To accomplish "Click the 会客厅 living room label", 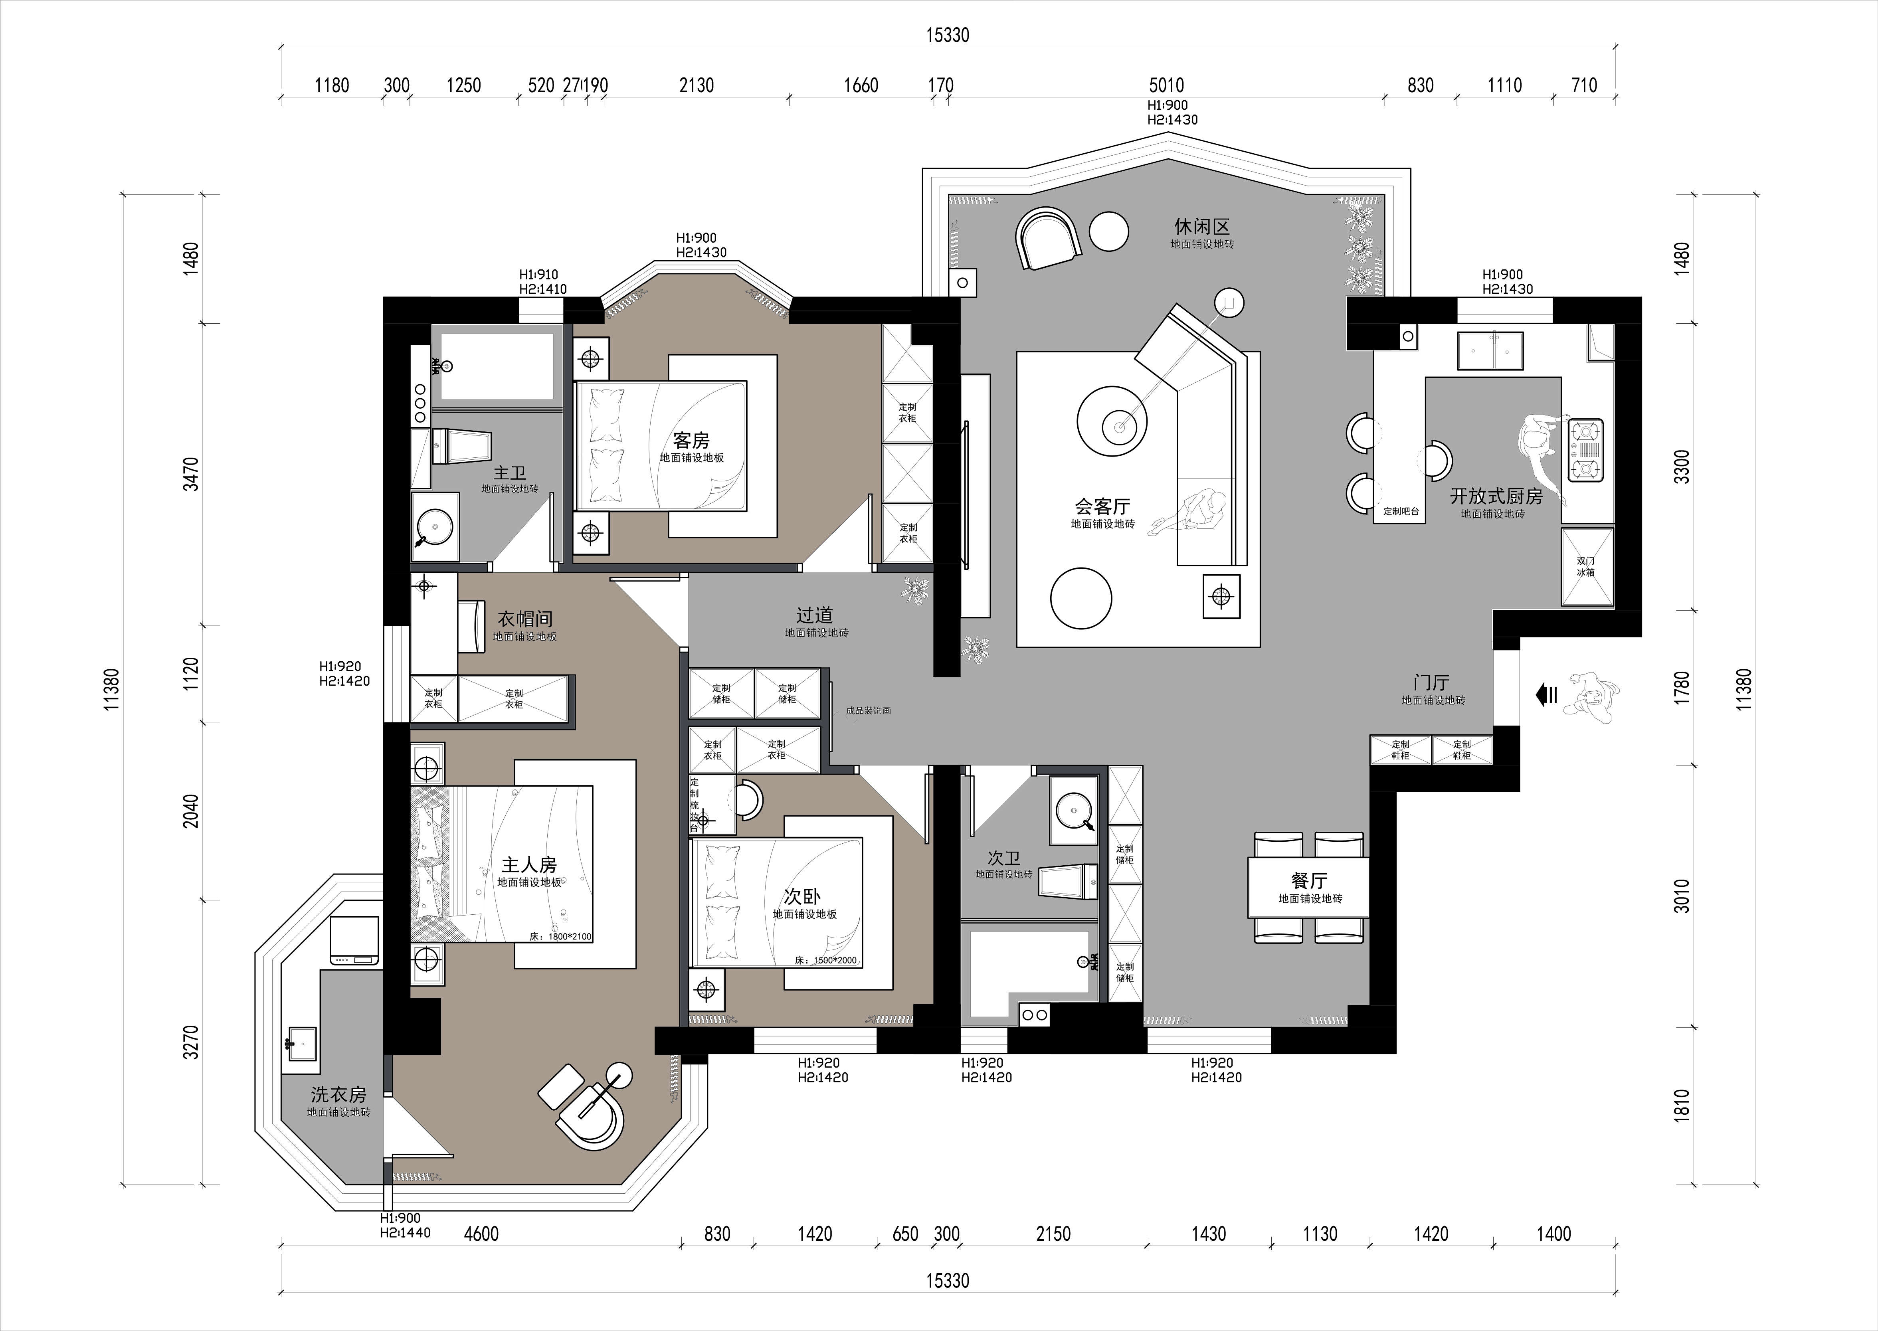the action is point(1102,506).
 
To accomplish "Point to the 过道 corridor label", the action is point(815,615).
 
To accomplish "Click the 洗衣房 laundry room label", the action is point(338,1094).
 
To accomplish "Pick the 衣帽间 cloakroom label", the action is point(524,619).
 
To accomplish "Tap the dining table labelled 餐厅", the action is point(1308,888).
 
